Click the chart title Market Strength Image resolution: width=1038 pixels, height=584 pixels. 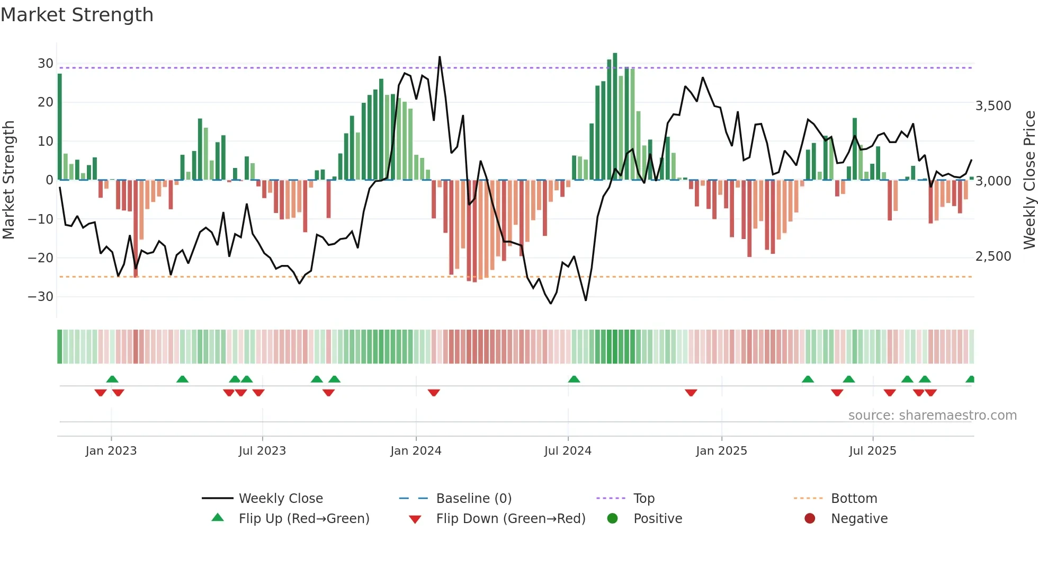[77, 15]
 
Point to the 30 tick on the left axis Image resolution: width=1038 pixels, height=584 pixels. [45, 64]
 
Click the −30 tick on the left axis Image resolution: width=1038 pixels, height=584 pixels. [40, 297]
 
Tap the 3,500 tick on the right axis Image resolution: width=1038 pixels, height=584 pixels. [993, 106]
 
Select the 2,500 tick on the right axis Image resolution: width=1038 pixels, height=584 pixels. [993, 256]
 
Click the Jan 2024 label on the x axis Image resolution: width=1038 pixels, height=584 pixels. [416, 451]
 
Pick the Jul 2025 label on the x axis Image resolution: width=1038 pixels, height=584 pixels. [872, 451]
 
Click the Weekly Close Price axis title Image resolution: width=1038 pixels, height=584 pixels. [1029, 180]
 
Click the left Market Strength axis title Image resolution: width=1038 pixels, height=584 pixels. [8, 180]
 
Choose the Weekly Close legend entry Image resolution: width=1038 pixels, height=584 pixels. [280, 499]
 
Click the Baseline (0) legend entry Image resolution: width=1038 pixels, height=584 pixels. [473, 499]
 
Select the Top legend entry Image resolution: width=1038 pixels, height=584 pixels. [643, 499]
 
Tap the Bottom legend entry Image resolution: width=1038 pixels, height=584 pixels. [854, 499]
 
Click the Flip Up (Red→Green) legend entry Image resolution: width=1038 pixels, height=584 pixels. [303, 519]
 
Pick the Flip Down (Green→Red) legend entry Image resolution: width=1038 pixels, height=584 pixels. [511, 519]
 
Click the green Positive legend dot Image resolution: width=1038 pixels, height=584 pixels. [612, 519]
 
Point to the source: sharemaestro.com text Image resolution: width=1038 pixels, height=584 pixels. [932, 415]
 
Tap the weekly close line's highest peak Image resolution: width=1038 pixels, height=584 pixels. [440, 57]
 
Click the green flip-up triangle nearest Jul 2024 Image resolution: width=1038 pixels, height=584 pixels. [574, 379]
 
